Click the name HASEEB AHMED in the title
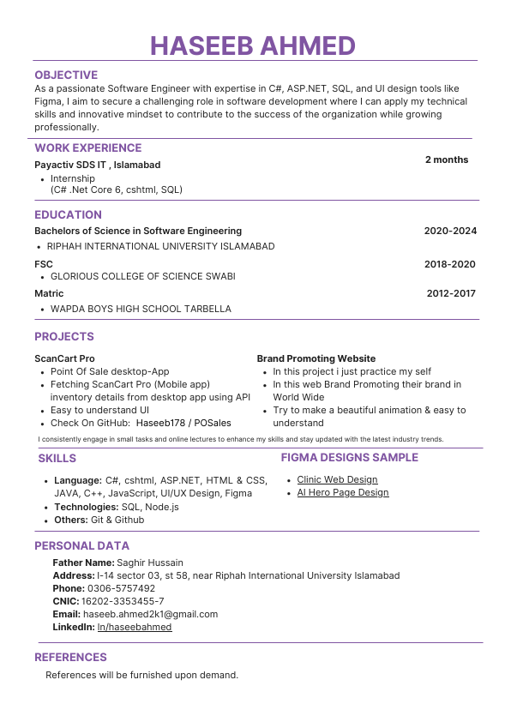[x=253, y=45]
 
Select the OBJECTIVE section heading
[x=66, y=75]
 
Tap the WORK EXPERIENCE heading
[x=87, y=147]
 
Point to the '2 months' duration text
[x=447, y=159]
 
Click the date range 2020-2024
[x=450, y=231]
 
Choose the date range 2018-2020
[x=450, y=264]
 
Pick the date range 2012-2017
[x=451, y=293]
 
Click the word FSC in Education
[x=44, y=264]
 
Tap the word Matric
[x=49, y=293]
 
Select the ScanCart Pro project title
[x=64, y=358]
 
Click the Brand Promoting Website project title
[x=316, y=358]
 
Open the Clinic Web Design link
[x=337, y=479]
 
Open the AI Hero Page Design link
[x=343, y=492]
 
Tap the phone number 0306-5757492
[x=121, y=588]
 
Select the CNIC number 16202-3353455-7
[x=124, y=601]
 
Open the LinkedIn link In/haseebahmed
[x=135, y=627]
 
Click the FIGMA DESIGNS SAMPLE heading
[x=350, y=457]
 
